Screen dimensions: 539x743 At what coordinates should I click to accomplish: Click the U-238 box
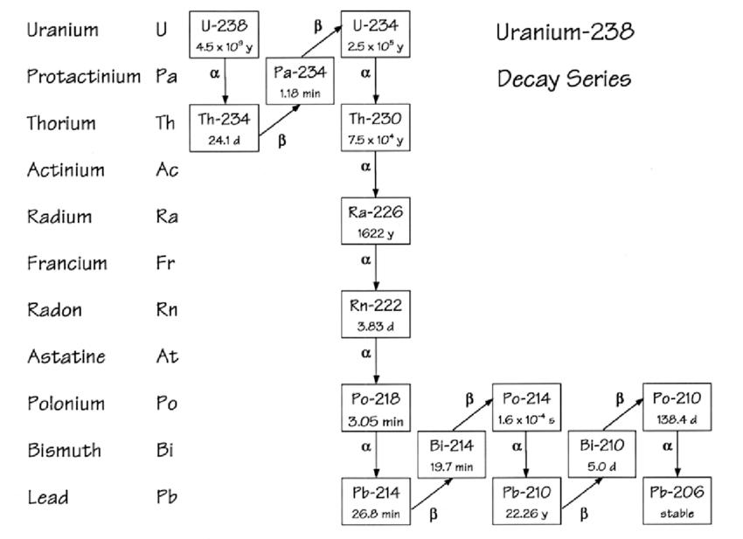click(225, 34)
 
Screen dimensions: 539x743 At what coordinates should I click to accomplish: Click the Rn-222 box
click(376, 314)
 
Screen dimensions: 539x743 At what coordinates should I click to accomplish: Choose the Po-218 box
click(376, 406)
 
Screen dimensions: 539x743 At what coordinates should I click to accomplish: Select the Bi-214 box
click(452, 453)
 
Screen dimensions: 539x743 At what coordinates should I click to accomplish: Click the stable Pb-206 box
click(677, 501)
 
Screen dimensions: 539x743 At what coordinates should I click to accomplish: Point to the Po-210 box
click(677, 406)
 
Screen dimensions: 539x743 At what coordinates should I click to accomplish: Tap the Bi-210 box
click(602, 453)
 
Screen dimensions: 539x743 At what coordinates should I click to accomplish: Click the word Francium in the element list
click(66, 263)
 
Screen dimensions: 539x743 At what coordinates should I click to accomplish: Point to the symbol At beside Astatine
click(166, 356)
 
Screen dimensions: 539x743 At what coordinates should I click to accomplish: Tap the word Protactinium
click(83, 77)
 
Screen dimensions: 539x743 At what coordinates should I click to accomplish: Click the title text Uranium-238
click(565, 32)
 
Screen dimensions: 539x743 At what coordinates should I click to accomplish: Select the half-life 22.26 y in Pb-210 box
click(526, 515)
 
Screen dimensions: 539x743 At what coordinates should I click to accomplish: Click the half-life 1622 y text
click(376, 234)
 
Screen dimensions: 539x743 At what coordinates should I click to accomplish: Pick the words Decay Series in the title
click(564, 79)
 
